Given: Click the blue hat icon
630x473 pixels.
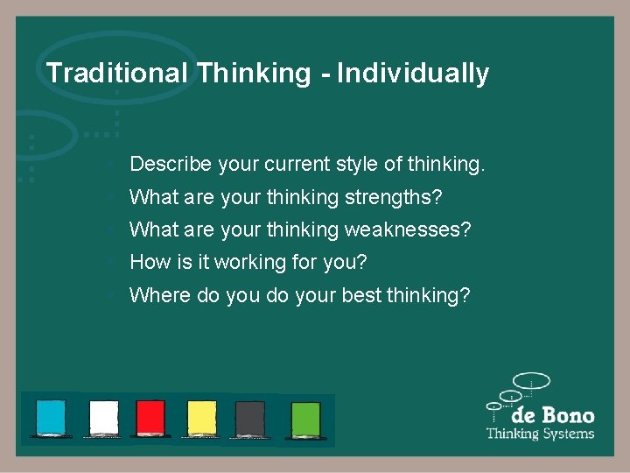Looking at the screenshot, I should click(x=51, y=417).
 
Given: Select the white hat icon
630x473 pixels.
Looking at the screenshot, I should click(x=103, y=417).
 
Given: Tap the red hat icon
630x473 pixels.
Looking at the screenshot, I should click(x=150, y=417).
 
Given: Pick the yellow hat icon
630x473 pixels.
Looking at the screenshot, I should click(x=201, y=417).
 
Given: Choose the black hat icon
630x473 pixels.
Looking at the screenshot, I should click(x=250, y=417).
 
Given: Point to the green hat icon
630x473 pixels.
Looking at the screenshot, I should click(x=305, y=417).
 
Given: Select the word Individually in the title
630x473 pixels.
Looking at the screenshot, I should click(x=413, y=73).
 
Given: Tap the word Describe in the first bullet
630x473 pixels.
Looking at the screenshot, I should click(x=171, y=164).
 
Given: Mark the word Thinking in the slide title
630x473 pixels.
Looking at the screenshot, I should click(x=254, y=73).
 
